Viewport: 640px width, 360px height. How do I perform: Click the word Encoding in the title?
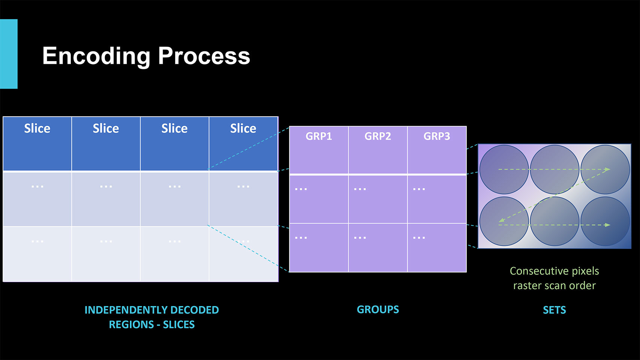96,57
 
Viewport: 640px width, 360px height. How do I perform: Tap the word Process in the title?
204,56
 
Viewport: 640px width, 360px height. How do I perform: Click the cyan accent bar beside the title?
9,54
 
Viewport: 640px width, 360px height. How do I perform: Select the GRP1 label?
319,136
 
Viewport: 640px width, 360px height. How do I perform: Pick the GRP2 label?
378,136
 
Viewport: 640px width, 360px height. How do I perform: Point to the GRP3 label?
436,136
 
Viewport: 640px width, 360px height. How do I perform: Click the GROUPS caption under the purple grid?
378,309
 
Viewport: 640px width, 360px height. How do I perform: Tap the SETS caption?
554,310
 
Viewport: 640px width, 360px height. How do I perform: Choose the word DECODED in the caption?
195,310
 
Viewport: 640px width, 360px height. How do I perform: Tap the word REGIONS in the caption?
132,325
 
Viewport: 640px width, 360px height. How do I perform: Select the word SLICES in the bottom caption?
178,325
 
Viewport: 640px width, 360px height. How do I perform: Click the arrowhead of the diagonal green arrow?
501,220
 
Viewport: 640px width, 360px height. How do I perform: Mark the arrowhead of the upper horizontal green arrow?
607,169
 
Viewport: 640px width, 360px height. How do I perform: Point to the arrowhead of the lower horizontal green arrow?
607,225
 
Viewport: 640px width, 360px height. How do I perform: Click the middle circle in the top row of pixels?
554,169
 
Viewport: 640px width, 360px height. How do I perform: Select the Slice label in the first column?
37,128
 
